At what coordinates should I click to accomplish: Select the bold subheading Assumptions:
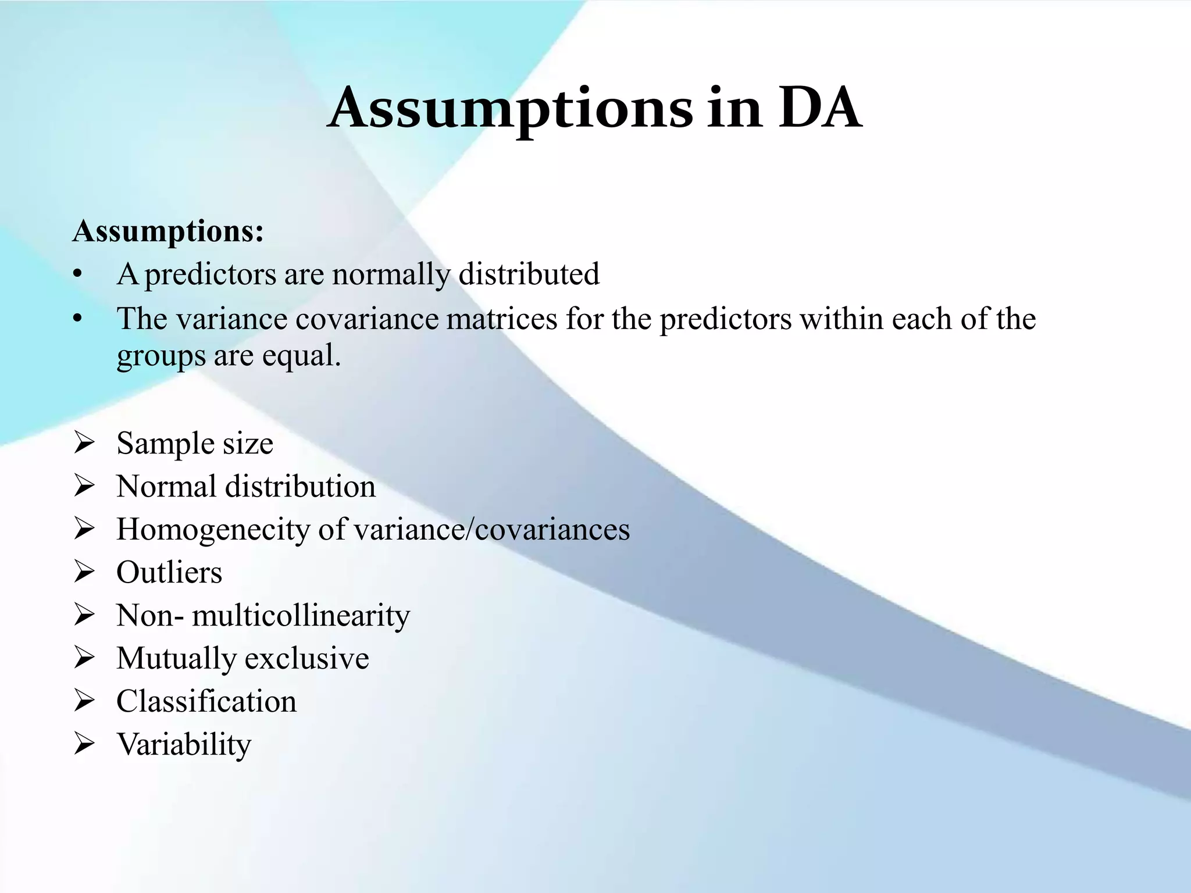pos(168,231)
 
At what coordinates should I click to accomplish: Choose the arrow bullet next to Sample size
pos(84,444)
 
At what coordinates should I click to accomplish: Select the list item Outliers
pos(169,573)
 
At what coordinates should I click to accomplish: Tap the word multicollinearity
pos(301,616)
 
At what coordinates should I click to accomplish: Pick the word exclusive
pos(306,659)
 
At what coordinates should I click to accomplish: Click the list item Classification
pos(206,702)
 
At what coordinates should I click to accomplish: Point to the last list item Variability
pos(184,745)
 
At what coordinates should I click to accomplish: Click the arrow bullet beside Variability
pos(84,745)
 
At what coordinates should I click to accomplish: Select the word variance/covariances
pos(491,530)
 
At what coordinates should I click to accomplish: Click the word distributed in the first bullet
pos(529,274)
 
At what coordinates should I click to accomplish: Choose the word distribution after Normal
pos(300,487)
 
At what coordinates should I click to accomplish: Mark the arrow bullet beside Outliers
pos(84,573)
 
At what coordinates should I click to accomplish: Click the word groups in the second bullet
pos(161,356)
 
